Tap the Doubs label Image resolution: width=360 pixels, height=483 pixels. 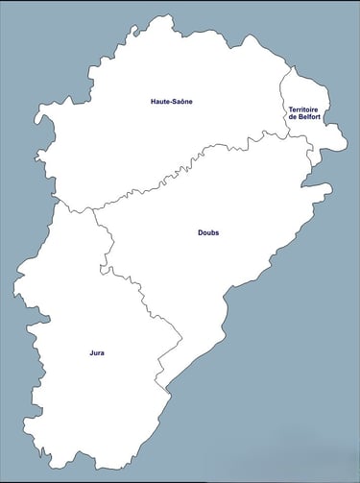point(208,232)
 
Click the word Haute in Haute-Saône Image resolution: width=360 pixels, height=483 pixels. point(160,101)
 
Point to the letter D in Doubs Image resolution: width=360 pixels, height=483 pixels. point(200,232)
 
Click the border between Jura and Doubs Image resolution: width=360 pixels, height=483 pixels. point(144,298)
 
